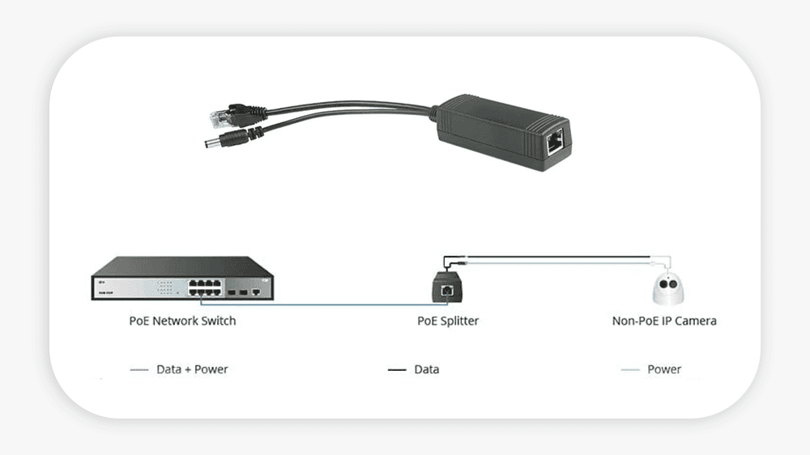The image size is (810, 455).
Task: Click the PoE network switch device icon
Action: click(181, 279)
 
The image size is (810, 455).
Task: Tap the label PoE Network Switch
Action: click(182, 321)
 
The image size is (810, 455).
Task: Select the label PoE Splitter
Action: click(448, 321)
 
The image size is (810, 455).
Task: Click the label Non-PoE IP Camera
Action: click(664, 321)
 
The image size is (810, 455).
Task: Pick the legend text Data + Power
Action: click(192, 369)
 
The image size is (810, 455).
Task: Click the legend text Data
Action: click(427, 369)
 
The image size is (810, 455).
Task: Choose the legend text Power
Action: click(664, 369)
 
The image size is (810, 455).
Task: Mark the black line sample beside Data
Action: click(397, 370)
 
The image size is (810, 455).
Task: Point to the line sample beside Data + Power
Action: click(139, 370)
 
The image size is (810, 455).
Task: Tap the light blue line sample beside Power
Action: click(630, 370)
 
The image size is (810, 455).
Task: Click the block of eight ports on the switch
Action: click(207, 287)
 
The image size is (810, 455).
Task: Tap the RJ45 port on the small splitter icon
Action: click(447, 289)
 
